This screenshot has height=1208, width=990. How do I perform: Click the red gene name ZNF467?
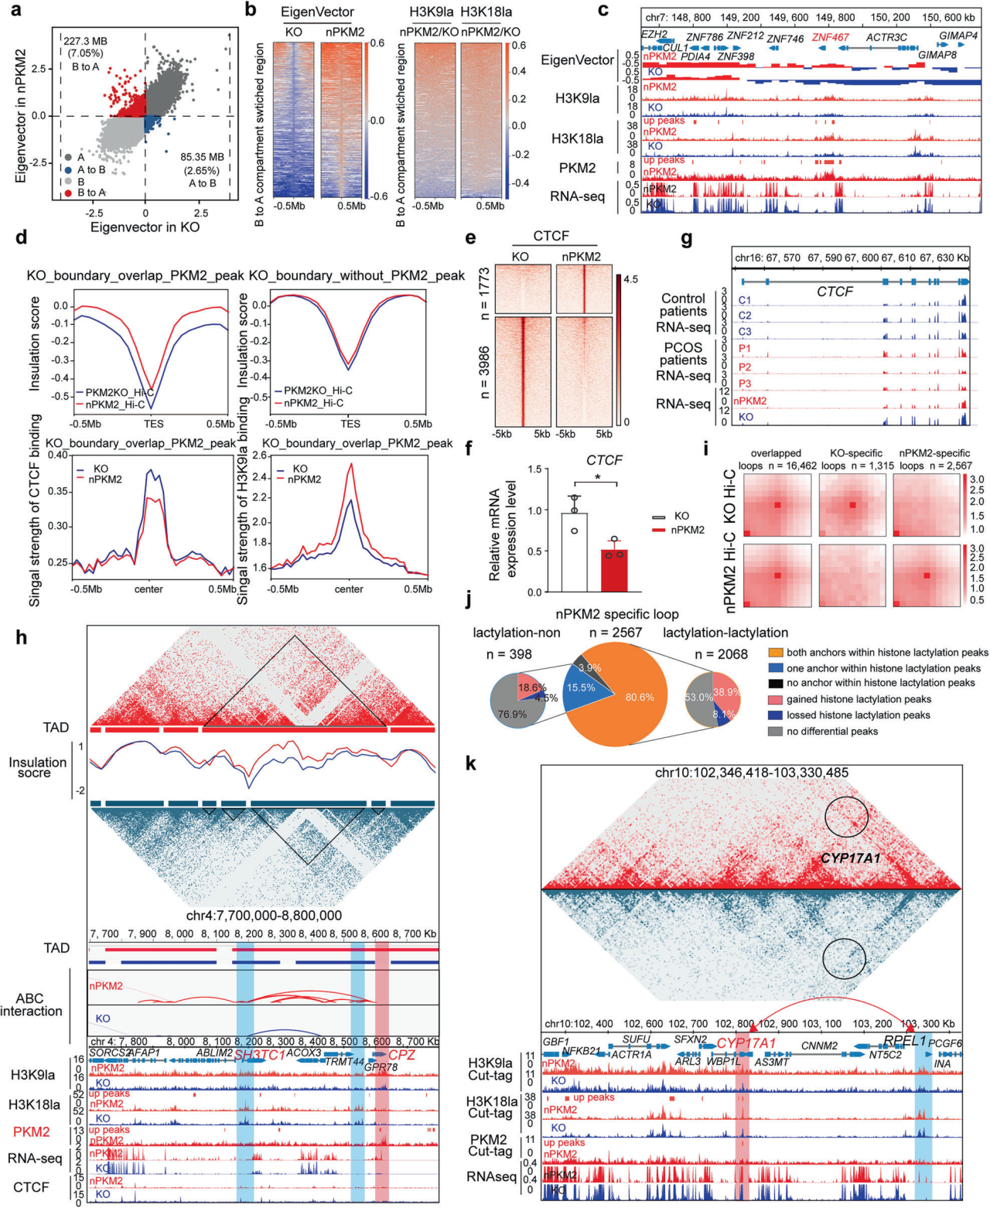click(x=831, y=37)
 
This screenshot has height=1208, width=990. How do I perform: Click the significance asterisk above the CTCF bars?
click(x=598, y=477)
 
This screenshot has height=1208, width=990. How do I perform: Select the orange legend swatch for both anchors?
click(x=775, y=653)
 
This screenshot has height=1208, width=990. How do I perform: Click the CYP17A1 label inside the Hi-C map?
click(x=850, y=858)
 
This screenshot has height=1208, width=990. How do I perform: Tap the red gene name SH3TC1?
click(x=258, y=1054)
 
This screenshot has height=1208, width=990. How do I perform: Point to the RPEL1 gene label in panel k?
click(x=904, y=1041)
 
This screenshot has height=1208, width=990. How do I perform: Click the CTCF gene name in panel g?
click(x=835, y=292)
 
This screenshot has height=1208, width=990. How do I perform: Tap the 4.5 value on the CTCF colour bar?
click(x=630, y=280)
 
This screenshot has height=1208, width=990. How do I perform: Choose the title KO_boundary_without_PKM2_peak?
click(x=357, y=275)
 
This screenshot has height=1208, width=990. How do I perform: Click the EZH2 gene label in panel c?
click(x=654, y=35)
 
